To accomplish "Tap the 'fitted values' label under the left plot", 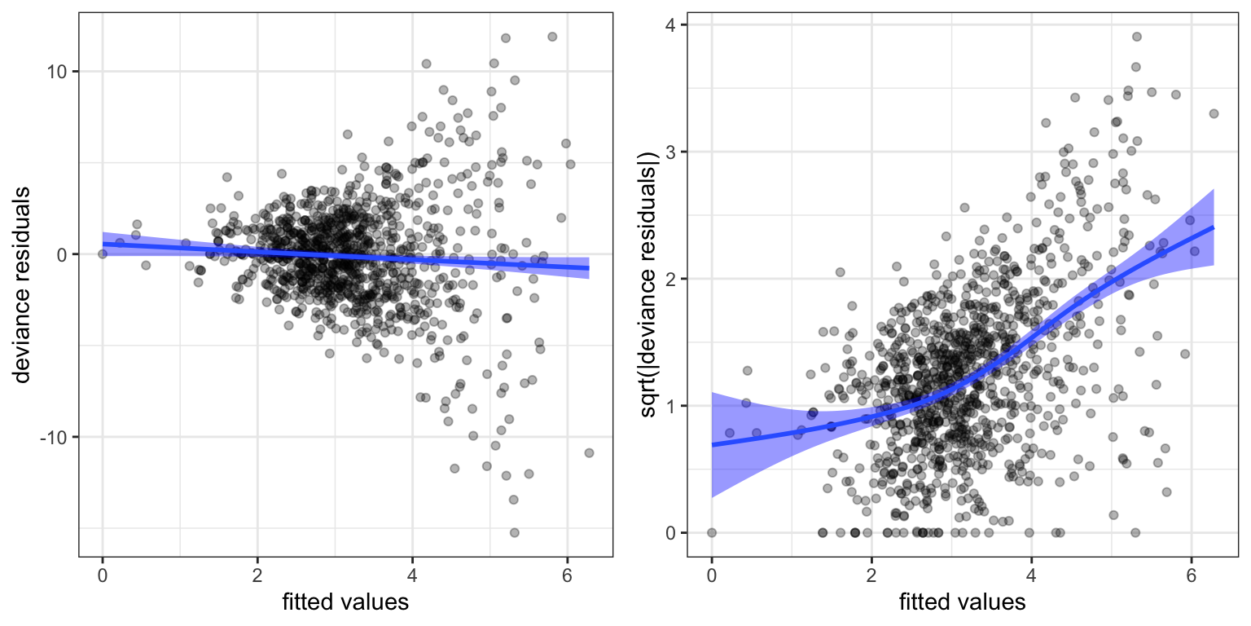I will [345, 603].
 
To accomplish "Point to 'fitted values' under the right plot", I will [962, 603].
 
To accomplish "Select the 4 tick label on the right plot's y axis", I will [674, 25].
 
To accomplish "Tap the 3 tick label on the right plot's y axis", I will [674, 152].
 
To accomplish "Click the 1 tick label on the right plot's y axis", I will [674, 406].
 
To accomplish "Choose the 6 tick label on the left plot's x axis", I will [567, 572].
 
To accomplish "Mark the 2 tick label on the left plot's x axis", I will [257, 572].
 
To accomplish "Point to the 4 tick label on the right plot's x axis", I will [1031, 572].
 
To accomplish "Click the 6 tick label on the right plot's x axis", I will [1191, 572].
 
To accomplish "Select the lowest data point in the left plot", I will [514, 532].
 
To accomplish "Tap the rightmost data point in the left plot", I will [589, 452].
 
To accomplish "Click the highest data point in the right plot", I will [1136, 37].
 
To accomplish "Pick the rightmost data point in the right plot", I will [1214, 113].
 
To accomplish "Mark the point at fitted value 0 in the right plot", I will [711, 532].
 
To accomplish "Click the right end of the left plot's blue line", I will [589, 268].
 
